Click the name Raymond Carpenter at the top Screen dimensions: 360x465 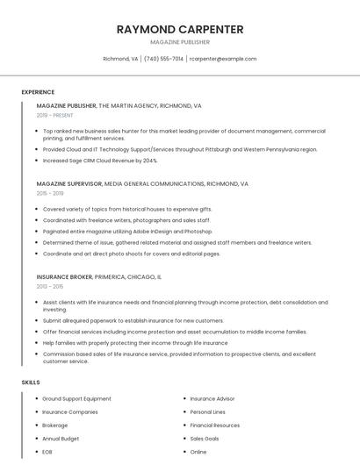[180, 29]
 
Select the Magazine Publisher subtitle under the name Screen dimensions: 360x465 [180, 42]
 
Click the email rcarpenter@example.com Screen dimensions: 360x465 [223, 59]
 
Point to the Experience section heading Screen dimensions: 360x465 [38, 92]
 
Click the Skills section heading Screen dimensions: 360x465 [31, 383]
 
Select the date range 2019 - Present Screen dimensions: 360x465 [55, 115]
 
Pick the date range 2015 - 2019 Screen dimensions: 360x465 [50, 193]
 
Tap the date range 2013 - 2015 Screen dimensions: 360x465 [50, 286]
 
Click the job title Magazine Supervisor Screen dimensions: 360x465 [69, 184]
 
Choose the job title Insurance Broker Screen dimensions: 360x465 [64, 276]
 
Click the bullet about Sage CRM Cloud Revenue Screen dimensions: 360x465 [100, 161]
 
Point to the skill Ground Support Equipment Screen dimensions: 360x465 [77, 398]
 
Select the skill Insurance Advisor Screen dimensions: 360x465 [212, 398]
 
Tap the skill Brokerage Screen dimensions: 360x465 [55, 425]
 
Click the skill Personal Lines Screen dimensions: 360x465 [208, 411]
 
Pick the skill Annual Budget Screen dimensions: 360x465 [61, 438]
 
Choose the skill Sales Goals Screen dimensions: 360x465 [205, 438]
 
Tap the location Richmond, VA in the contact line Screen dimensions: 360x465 [120, 59]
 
